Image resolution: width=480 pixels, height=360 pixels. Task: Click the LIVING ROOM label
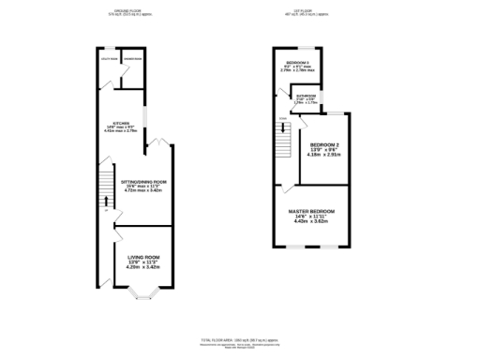[x=143, y=256]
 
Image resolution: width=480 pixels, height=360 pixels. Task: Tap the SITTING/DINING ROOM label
[x=143, y=180]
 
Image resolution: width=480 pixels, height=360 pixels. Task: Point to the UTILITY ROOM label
[x=108, y=59]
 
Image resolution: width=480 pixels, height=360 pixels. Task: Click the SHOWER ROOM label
[x=133, y=59]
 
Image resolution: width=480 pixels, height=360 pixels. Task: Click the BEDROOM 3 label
[x=298, y=61]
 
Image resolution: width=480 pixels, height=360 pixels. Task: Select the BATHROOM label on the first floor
[x=307, y=95]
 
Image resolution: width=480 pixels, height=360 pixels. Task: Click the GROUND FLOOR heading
[x=127, y=11]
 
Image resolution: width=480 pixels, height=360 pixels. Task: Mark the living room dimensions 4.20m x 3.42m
[x=143, y=267]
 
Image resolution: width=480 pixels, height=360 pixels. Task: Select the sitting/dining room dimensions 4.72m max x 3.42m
[x=143, y=191]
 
